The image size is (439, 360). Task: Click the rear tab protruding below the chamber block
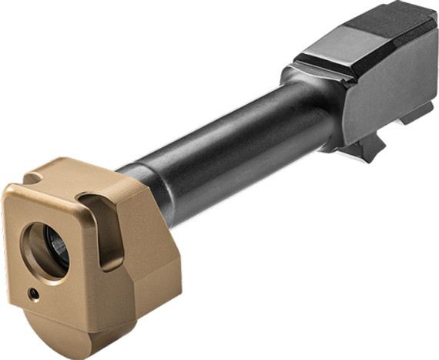click(420, 116)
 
